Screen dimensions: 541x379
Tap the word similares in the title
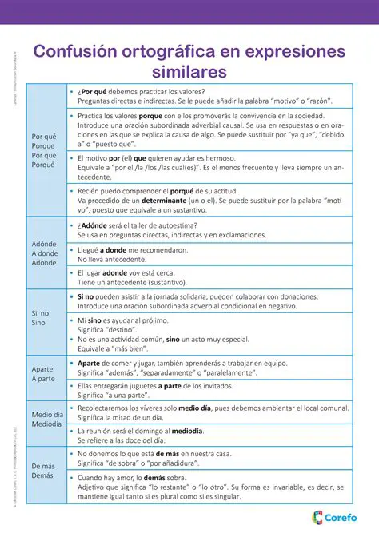(189, 72)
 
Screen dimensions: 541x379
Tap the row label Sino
(39, 324)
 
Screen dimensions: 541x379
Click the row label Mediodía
(47, 424)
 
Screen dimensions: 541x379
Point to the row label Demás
(43, 475)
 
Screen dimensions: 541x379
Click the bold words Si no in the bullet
(86, 296)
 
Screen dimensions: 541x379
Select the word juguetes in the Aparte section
(137, 385)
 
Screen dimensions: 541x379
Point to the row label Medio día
(47, 415)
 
